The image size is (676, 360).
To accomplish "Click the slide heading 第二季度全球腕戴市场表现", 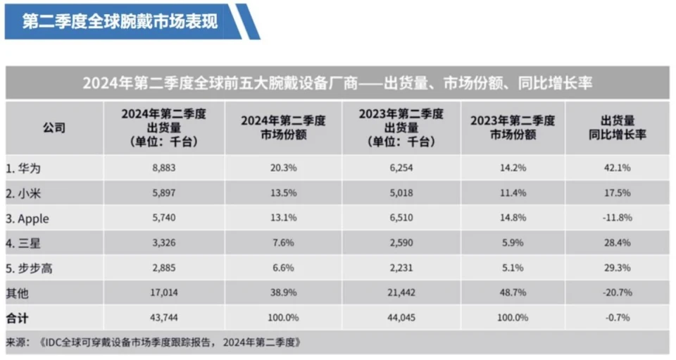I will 120,21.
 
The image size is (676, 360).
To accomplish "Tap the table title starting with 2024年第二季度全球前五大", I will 337,83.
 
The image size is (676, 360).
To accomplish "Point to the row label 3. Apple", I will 30,218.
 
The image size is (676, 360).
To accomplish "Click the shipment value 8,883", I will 163,168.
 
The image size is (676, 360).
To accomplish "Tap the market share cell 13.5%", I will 283,193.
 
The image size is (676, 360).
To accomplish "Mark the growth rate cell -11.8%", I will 617,218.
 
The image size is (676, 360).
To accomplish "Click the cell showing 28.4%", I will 617,243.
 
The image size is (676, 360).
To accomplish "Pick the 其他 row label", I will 18,292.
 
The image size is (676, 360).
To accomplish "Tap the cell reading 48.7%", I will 513,292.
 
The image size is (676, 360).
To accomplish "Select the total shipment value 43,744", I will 163,317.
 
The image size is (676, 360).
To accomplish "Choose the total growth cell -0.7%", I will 617,317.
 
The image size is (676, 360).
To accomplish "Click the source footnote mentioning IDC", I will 155,342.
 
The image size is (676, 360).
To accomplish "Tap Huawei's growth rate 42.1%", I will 617,168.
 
